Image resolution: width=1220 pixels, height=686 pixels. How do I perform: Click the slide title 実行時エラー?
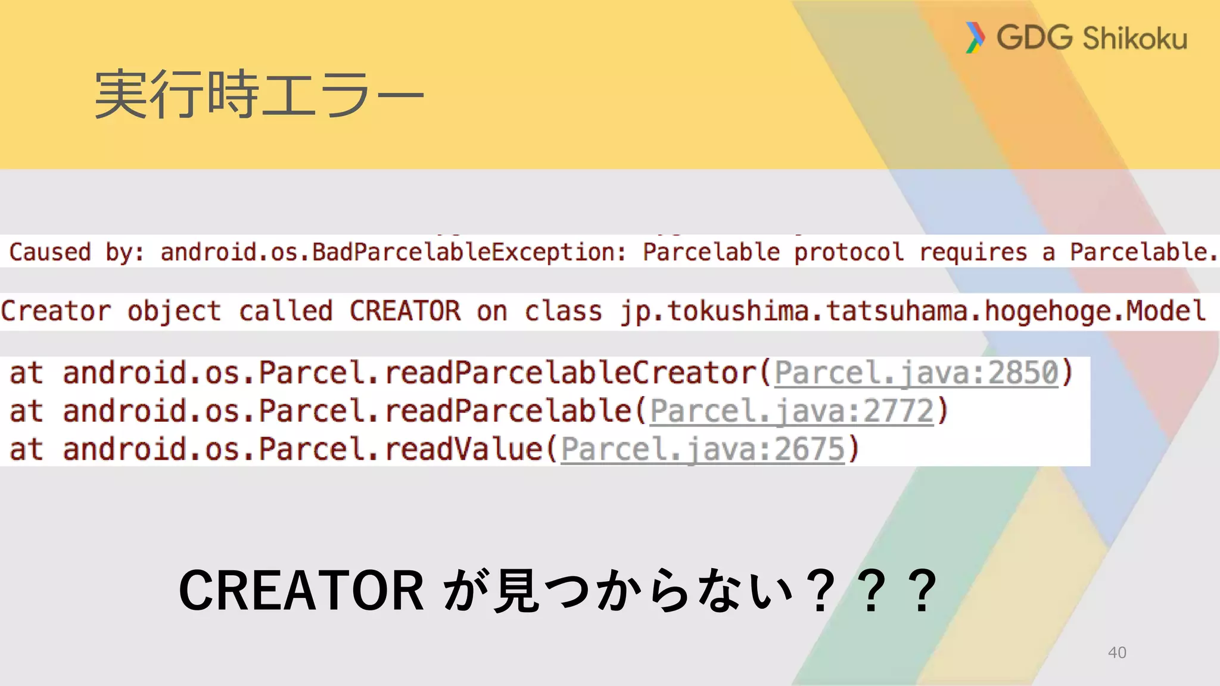(259, 94)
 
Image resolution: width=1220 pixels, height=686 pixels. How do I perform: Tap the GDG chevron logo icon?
(975, 38)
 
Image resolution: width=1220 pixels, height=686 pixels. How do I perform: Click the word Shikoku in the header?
(1135, 39)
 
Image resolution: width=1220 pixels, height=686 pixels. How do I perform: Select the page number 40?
(1117, 653)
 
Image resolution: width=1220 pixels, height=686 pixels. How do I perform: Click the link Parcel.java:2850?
(916, 373)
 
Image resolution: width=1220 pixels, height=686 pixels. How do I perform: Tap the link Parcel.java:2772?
(792, 411)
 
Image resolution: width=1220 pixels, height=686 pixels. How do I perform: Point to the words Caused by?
(76, 252)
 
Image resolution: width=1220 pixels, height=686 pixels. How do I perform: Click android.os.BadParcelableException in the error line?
(393, 252)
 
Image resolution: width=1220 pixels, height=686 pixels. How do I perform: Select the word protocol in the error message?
(849, 252)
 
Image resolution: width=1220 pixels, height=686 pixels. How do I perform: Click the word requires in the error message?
(973, 252)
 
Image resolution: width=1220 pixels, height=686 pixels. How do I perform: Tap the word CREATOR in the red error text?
(405, 311)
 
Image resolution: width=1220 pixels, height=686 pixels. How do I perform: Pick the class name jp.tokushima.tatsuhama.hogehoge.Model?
(913, 311)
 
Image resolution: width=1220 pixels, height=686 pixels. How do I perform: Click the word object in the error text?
(174, 311)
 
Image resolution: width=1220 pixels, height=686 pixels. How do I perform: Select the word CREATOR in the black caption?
(301, 590)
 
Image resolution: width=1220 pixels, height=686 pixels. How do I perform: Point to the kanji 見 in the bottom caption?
(517, 591)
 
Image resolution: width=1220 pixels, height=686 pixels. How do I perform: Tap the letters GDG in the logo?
(1034, 38)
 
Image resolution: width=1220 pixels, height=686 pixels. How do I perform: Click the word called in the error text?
(285, 311)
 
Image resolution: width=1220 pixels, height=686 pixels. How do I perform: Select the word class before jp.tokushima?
(563, 311)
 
